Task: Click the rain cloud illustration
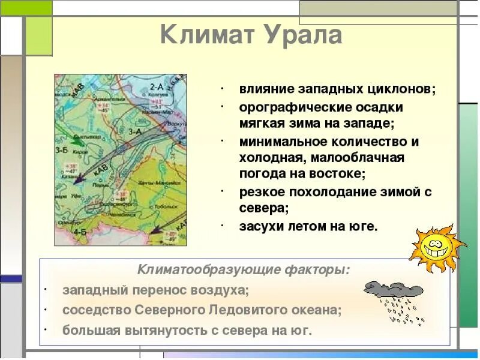click(393, 297)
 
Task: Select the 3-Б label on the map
click(61, 150)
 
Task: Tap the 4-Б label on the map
click(79, 231)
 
